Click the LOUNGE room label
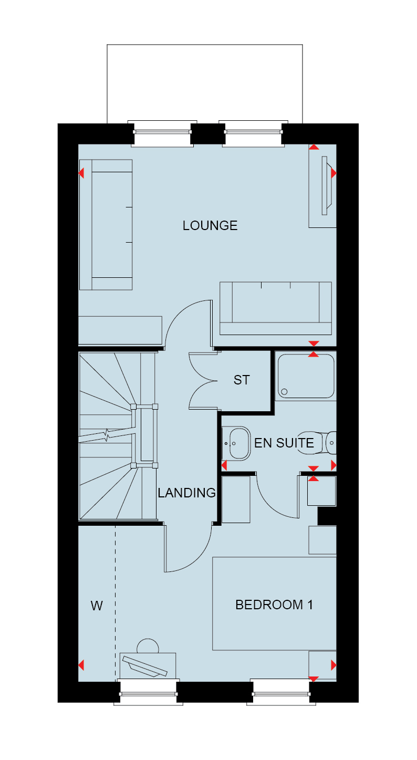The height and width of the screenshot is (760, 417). click(210, 226)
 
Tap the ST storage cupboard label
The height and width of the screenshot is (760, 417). click(242, 380)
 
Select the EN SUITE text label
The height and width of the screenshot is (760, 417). click(284, 443)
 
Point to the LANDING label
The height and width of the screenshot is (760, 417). click(186, 493)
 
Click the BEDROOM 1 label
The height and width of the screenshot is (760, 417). click(274, 605)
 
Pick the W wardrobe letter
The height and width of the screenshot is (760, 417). click(97, 606)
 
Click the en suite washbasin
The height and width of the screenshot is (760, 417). click(236, 443)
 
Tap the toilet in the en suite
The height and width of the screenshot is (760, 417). click(317, 443)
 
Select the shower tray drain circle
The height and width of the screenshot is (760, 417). click(284, 392)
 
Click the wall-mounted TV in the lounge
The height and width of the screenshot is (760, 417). click(326, 185)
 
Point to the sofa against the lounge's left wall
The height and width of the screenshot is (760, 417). click(106, 225)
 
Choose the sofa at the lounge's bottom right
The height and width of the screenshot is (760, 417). click(276, 308)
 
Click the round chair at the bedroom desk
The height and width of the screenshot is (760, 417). click(148, 646)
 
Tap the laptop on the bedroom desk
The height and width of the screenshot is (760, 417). click(145, 667)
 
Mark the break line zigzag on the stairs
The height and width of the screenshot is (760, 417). click(108, 435)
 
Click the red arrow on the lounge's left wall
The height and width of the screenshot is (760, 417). click(81, 173)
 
